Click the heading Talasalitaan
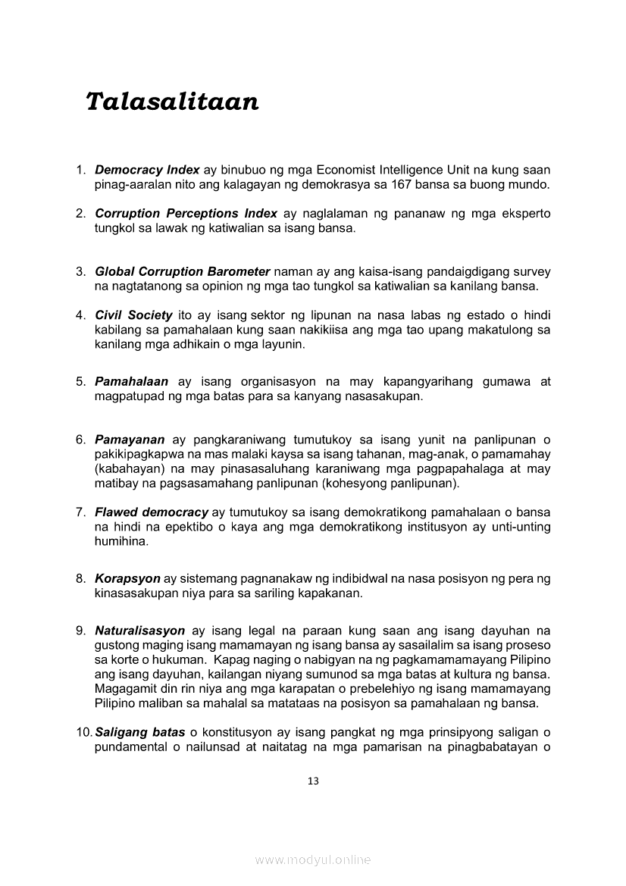click(x=172, y=101)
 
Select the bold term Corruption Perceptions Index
click(x=186, y=214)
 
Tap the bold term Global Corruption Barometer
click(x=182, y=271)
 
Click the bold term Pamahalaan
click(x=131, y=382)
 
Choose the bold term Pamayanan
click(x=130, y=440)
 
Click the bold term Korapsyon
click(x=127, y=579)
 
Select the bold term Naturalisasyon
click(x=139, y=631)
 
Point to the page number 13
click(x=313, y=781)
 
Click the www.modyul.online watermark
click(x=313, y=860)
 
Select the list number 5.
click(x=80, y=382)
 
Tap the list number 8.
click(x=80, y=579)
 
